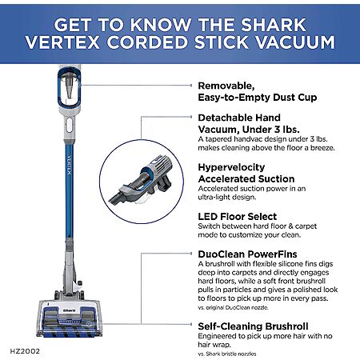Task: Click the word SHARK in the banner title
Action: coord(274,25)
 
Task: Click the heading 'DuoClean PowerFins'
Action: coord(247,254)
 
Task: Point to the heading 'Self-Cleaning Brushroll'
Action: coord(253,326)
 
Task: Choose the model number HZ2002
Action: coord(25,351)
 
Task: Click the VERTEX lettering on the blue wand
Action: coord(69,165)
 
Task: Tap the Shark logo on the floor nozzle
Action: coord(70,310)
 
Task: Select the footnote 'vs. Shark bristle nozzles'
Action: coord(227,354)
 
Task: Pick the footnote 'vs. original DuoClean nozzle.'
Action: coord(233,307)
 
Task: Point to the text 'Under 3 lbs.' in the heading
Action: coord(270,130)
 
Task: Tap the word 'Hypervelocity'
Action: coord(231,168)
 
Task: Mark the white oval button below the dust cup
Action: coord(69,125)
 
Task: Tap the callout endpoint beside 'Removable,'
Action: coord(191,86)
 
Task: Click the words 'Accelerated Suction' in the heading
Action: coord(246,179)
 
